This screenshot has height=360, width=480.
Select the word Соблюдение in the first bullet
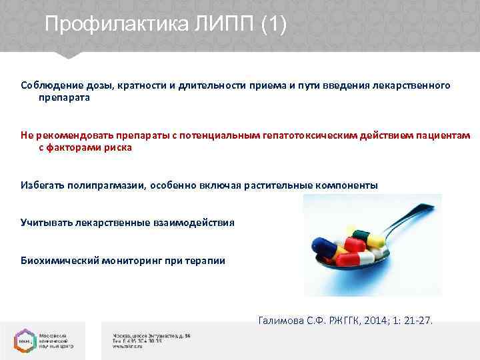[x=48, y=86]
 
